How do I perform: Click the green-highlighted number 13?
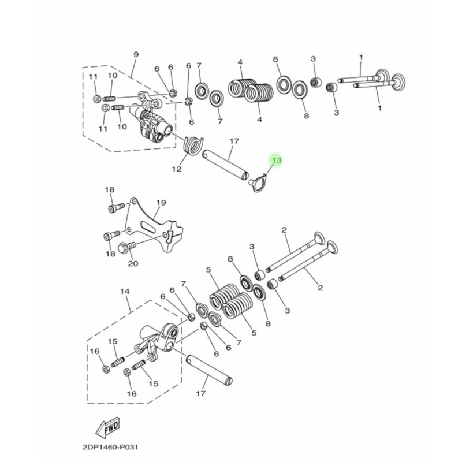point(276,160)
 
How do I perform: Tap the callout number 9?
point(136,55)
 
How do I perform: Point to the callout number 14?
point(123,292)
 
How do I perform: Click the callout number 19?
point(161,203)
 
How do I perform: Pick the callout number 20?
point(133,264)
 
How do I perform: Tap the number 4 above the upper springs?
point(240,62)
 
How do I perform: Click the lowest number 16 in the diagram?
point(132,393)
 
